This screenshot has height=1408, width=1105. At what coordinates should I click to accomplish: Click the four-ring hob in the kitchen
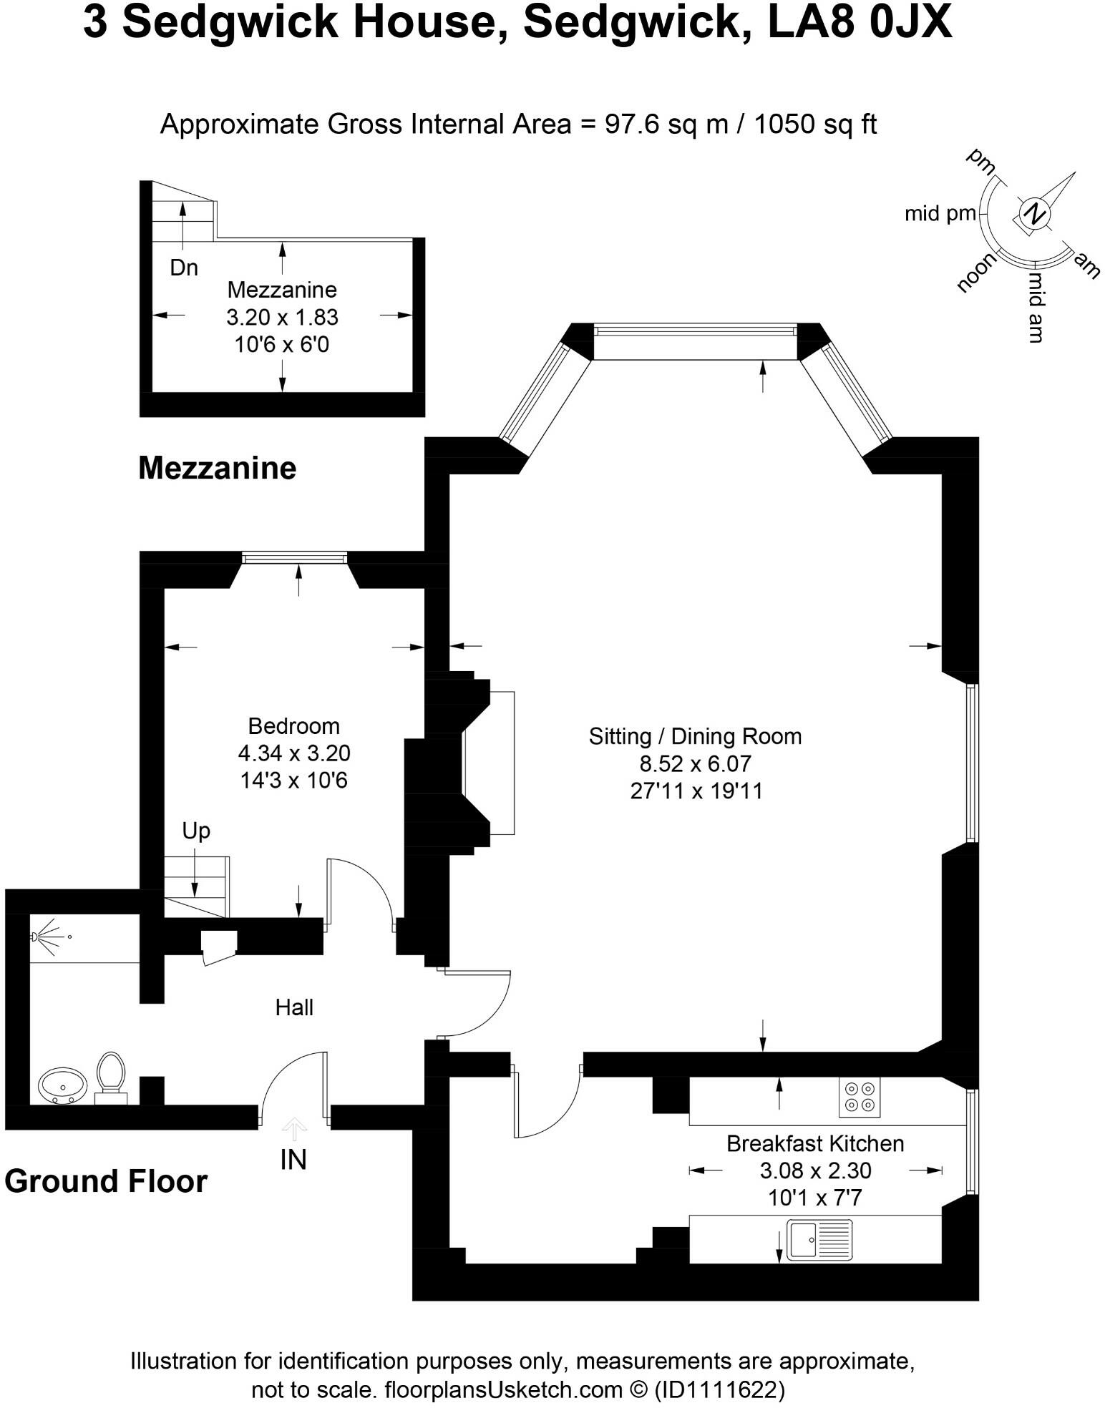[x=860, y=1097]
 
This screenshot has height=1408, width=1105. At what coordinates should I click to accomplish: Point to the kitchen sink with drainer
[x=819, y=1239]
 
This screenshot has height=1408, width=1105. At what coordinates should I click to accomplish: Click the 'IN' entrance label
[x=293, y=1160]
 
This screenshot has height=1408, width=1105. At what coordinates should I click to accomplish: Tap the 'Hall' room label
[x=294, y=1008]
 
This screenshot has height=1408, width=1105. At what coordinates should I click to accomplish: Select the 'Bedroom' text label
[x=293, y=726]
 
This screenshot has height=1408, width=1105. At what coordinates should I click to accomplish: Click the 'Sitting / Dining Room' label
[x=695, y=736]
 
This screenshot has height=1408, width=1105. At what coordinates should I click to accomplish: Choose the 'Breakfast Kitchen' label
[x=814, y=1143]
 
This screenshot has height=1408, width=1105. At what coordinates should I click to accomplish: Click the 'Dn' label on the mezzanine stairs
[x=184, y=268]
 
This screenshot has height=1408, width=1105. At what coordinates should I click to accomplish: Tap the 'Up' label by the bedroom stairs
[x=196, y=831]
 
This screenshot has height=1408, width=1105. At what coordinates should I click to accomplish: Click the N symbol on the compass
[x=1033, y=213]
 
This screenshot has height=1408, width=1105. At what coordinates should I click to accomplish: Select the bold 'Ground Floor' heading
[x=106, y=1181]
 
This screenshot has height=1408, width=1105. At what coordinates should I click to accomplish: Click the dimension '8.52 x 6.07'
[x=695, y=764]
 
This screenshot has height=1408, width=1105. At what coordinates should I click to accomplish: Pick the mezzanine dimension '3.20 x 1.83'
[x=282, y=317]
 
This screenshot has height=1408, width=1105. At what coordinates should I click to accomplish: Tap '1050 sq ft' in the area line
[x=815, y=124]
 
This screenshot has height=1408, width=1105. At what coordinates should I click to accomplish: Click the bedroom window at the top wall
[x=294, y=557]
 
